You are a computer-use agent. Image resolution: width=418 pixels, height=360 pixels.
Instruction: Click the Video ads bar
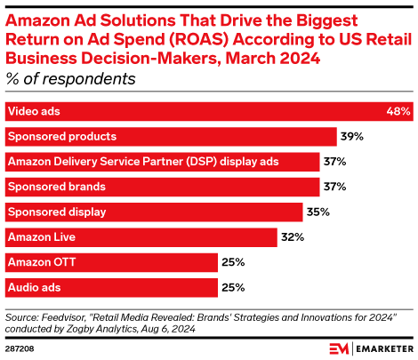(x=209, y=112)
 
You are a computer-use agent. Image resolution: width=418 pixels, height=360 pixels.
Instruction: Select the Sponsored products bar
(x=170, y=137)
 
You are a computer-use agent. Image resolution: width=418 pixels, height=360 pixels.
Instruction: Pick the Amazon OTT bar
(x=111, y=262)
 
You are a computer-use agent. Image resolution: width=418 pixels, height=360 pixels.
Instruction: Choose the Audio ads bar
(x=111, y=287)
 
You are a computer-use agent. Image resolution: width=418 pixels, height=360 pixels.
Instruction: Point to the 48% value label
(x=398, y=112)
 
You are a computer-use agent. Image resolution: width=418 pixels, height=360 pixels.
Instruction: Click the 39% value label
(x=351, y=137)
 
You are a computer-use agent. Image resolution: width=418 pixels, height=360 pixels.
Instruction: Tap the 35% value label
(x=318, y=212)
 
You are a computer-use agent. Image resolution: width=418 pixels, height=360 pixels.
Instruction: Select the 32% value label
(x=293, y=237)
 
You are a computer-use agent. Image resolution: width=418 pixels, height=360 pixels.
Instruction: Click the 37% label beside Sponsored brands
(x=334, y=187)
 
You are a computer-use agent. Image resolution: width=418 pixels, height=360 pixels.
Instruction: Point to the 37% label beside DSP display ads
(x=334, y=162)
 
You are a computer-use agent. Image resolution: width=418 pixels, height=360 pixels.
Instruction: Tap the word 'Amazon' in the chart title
(x=35, y=19)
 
